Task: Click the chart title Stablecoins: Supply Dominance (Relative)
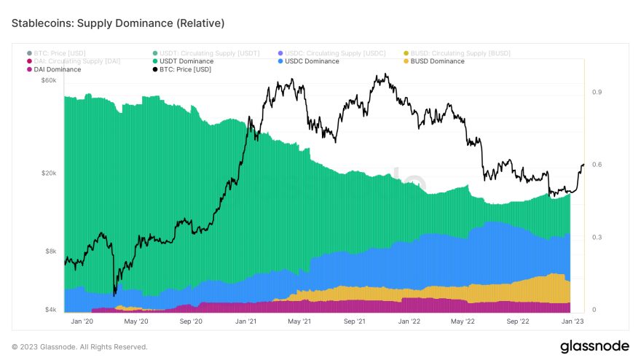(x=118, y=23)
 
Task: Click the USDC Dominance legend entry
(x=312, y=61)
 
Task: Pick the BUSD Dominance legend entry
(x=437, y=61)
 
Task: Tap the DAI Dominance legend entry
(x=57, y=69)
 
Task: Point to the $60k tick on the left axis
(x=49, y=80)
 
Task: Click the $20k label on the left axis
(x=49, y=173)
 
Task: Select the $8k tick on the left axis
(x=50, y=251)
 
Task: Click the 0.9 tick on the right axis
(x=597, y=92)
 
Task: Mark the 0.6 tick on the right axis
(x=597, y=165)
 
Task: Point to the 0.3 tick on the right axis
(x=597, y=238)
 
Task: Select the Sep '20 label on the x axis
(x=190, y=321)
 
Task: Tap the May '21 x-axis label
(x=299, y=321)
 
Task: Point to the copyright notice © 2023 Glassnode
(x=79, y=347)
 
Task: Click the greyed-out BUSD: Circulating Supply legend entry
(x=460, y=53)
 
